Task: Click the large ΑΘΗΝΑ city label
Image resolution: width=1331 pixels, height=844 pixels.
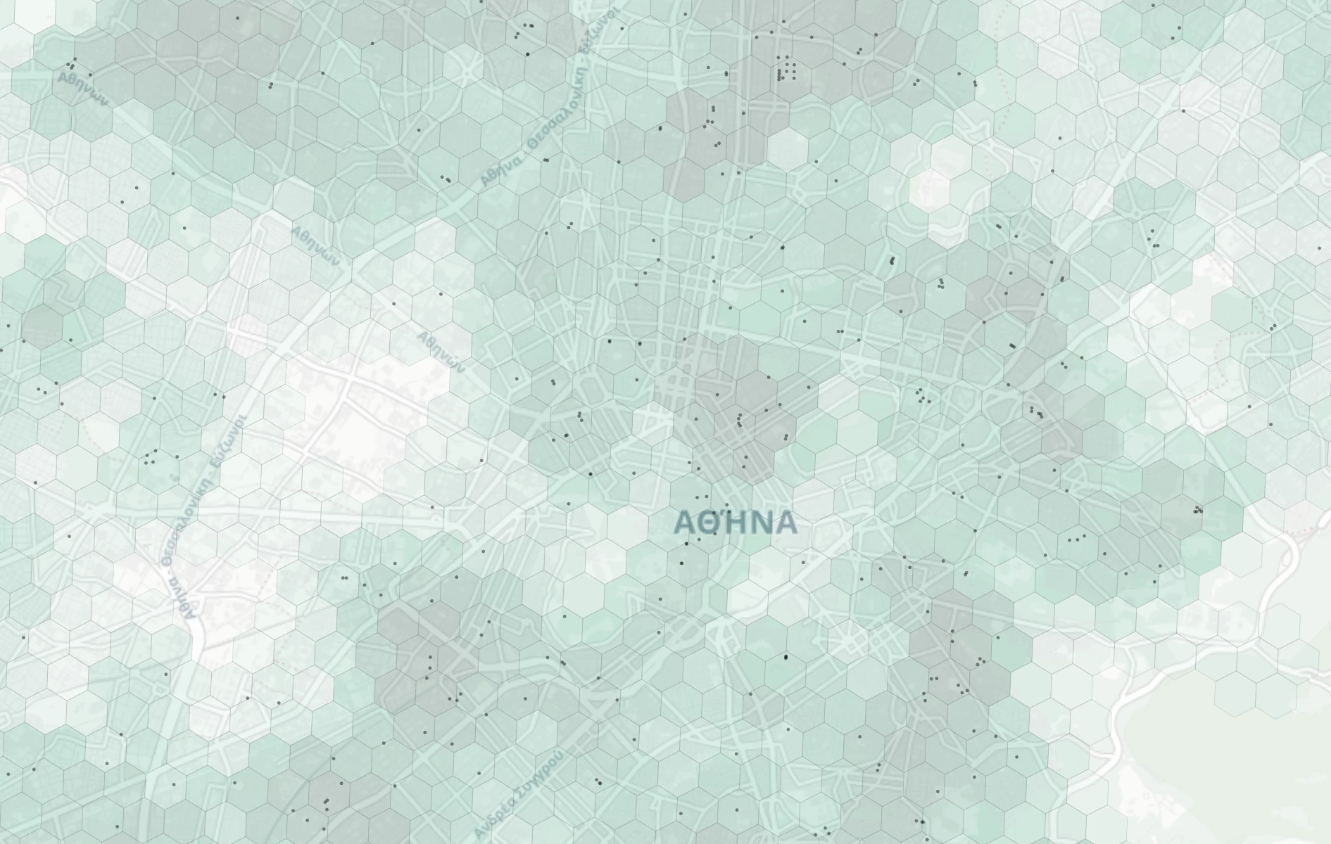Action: click(736, 523)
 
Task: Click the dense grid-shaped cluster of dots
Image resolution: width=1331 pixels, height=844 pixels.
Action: click(786, 71)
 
